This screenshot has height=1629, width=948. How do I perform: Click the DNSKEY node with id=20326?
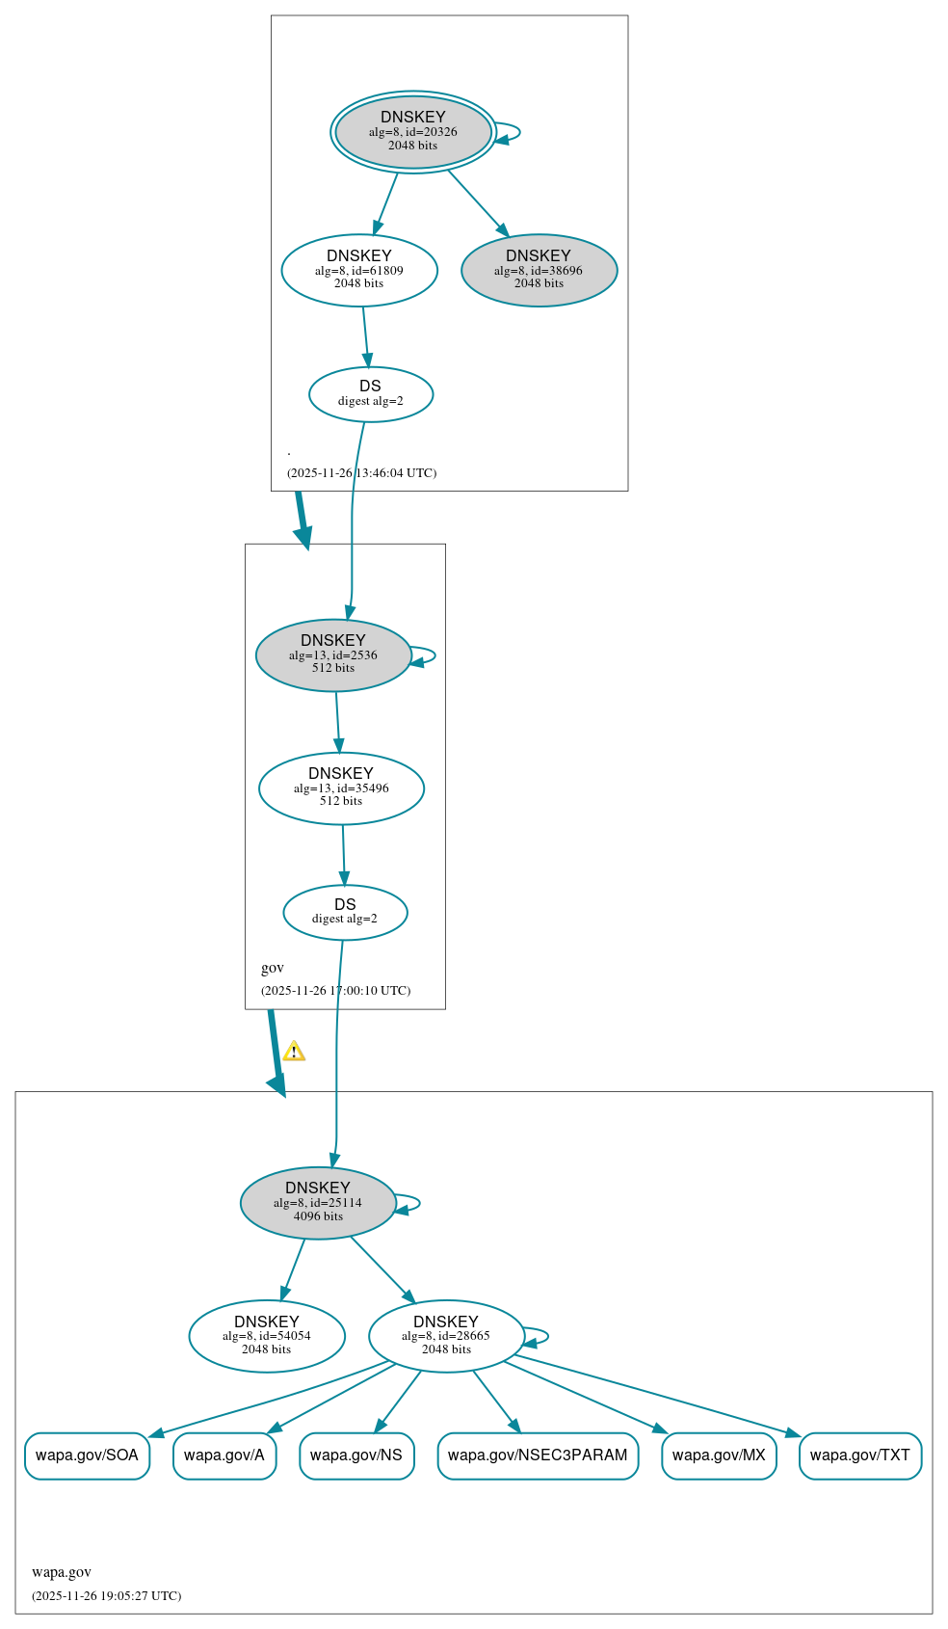pos(413,132)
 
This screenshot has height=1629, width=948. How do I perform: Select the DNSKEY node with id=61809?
pos(359,271)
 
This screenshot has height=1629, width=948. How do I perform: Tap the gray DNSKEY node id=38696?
pos(539,271)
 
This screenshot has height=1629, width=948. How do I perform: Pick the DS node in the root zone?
pos(371,393)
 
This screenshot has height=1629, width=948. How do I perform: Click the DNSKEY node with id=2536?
pos(333,655)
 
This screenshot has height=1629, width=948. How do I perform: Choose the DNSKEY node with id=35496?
pos(341,788)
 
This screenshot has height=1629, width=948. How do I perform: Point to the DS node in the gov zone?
pos(345,912)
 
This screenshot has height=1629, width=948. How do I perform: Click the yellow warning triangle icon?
pos(294,1052)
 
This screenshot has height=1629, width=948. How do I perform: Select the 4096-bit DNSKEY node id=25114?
pos(318,1203)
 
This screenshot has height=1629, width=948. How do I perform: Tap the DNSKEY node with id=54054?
pos(267,1336)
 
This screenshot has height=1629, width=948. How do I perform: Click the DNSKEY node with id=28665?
pos(446,1336)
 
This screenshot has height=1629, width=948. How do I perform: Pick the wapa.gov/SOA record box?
pos(87,1455)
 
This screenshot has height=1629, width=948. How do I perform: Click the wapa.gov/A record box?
pos(224,1455)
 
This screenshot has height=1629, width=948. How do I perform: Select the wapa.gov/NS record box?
pos(356,1455)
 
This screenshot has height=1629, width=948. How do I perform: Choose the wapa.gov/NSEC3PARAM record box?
pos(538,1455)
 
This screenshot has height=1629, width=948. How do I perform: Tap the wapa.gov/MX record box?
pos(719,1455)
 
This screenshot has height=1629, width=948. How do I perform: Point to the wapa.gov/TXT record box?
pos(860,1455)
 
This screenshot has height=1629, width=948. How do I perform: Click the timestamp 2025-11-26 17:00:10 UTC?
pos(335,991)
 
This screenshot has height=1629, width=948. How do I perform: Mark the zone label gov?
pos(273,968)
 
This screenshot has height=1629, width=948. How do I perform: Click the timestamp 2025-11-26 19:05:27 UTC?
pos(106,1596)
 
